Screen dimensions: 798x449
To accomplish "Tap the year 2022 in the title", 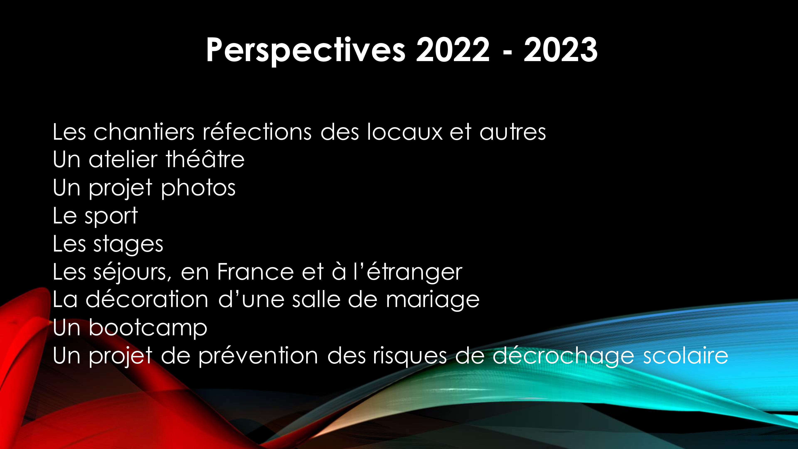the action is tap(453, 50).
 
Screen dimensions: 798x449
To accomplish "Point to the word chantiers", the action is tap(144, 132).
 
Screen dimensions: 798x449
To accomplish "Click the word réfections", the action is tap(257, 132).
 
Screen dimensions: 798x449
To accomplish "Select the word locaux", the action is tap(405, 132).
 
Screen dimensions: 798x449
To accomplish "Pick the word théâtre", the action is tap(205, 159).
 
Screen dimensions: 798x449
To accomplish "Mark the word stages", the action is tap(128, 245).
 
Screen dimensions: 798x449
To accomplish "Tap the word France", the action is tap(255, 272).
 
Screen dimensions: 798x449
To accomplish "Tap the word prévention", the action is tap(258, 356).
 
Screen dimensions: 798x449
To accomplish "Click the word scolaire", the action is tap(686, 356).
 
